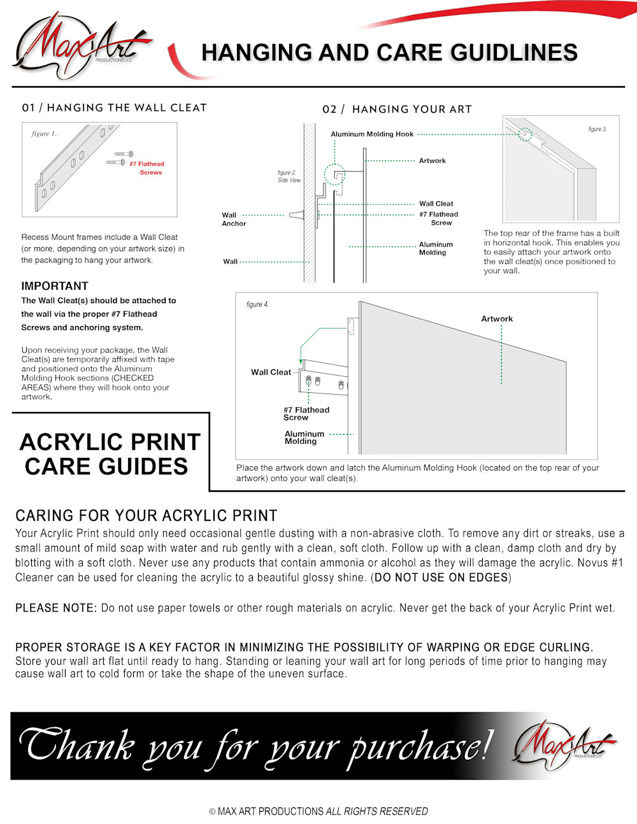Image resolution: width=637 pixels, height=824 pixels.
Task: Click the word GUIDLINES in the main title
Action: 514,52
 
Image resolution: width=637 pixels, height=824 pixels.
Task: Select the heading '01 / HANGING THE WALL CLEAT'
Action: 115,108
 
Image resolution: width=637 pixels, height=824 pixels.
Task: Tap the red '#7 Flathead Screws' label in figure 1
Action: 147,168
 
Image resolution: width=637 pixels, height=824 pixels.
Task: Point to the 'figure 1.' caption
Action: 44,134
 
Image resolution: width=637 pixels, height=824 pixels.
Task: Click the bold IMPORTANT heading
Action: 55,286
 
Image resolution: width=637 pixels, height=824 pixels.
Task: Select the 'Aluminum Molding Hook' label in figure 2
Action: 372,134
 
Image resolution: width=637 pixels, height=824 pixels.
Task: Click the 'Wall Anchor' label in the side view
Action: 233,219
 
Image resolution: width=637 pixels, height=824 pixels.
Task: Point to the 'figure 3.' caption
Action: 597,129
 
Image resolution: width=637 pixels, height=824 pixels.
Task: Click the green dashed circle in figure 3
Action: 526,134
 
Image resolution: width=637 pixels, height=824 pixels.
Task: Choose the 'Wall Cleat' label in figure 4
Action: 271,372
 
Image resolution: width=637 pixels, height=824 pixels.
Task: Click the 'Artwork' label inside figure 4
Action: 497,318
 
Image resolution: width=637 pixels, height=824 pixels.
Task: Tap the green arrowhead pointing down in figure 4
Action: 301,362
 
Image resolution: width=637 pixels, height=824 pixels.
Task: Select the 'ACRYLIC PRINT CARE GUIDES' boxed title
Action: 110,454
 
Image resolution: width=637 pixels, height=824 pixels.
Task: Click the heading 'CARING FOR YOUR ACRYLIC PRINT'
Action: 147,515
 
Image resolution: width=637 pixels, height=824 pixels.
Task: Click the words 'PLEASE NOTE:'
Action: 56,608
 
